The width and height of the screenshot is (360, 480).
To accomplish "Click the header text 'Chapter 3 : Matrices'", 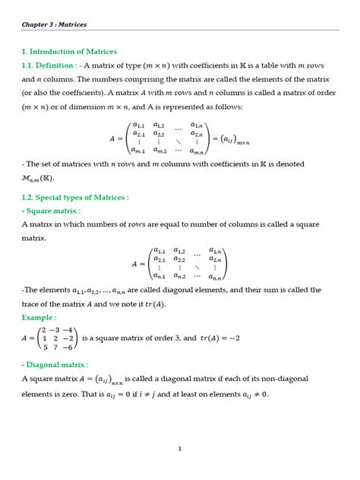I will (54, 24).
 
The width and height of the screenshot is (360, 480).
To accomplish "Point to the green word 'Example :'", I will (39, 317).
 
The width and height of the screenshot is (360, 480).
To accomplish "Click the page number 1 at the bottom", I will (180, 449).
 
